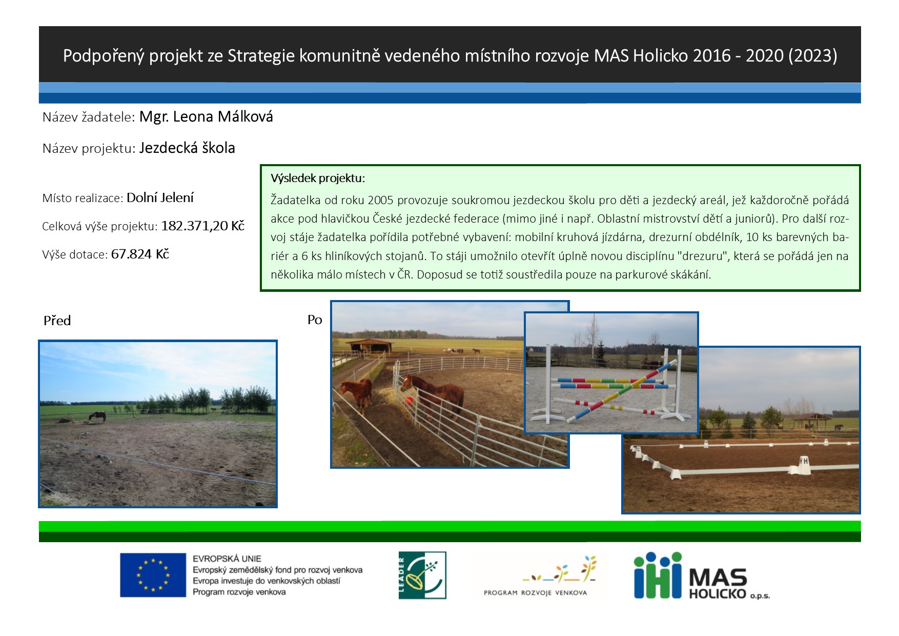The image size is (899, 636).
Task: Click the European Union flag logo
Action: pos(153,575)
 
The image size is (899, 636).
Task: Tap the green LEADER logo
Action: pos(422,575)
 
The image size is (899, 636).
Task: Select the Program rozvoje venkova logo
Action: pos(539,575)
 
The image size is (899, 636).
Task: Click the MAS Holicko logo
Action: pos(702,575)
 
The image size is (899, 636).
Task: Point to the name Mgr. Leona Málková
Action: pos(206,117)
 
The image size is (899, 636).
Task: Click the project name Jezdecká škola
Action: pos(187,148)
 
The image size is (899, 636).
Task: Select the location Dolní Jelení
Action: pos(160,198)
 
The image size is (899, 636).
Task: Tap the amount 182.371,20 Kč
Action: pos(203,226)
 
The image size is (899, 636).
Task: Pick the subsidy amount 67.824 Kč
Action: pos(140,254)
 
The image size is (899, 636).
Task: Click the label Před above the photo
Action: pos(57,321)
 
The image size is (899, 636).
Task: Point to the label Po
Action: pos(315,320)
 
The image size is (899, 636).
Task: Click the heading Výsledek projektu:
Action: pos(318,178)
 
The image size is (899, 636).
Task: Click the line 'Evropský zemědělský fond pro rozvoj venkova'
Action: pos(277,570)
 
